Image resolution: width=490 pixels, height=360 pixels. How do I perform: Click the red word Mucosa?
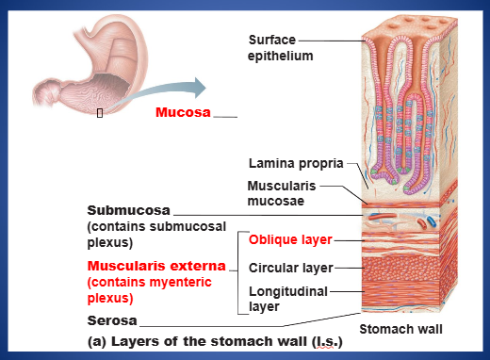point(183,112)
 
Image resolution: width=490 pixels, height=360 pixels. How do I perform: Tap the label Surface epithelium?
point(280,48)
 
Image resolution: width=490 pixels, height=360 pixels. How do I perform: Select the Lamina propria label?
point(296,164)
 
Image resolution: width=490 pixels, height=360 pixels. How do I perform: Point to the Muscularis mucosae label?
point(282,193)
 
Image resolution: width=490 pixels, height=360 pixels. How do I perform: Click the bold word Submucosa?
point(129,210)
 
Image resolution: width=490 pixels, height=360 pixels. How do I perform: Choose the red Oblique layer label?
point(290,239)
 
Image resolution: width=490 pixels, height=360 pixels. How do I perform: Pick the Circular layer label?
point(290,268)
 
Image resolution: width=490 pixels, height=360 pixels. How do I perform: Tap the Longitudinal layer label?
point(288,299)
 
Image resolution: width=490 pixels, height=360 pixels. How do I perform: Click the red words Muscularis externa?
point(156,266)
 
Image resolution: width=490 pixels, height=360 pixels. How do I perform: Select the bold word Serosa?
point(112,320)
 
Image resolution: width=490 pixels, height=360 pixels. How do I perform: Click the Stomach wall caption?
point(400,329)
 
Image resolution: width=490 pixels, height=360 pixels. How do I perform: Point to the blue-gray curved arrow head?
point(199,88)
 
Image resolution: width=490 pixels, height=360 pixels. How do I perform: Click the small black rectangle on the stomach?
point(100,113)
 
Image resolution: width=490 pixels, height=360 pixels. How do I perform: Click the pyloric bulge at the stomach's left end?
point(46,93)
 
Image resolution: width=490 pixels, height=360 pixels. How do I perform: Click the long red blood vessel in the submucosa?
point(382,216)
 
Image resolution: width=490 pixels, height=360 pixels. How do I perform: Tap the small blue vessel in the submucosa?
point(431,221)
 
